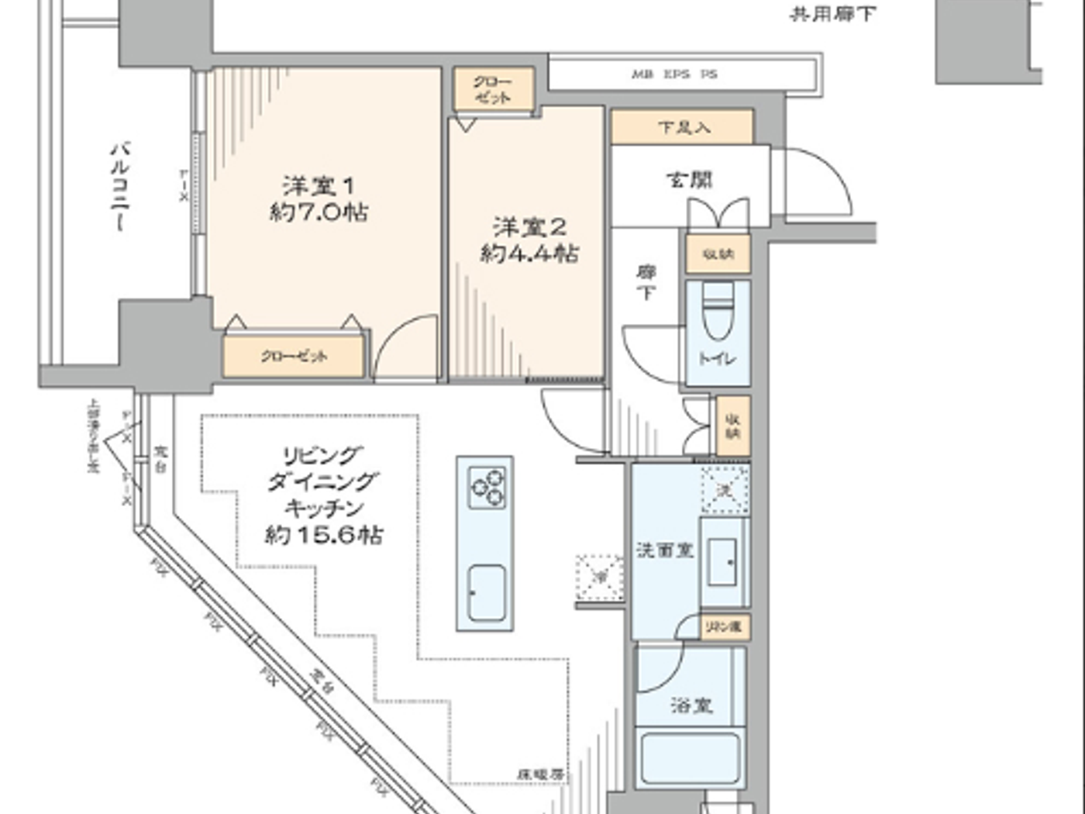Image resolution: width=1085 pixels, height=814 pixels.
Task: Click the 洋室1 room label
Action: tap(318, 187)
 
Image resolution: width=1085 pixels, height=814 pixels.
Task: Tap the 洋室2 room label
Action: tap(529, 228)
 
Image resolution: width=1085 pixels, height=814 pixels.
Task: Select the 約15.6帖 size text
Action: tap(323, 535)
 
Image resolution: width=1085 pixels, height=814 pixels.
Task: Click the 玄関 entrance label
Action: tap(689, 180)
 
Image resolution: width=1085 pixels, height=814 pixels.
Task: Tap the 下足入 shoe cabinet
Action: tap(683, 127)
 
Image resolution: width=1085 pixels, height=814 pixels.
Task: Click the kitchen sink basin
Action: tap(486, 594)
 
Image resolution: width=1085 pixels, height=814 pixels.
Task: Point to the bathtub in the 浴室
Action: tap(691, 757)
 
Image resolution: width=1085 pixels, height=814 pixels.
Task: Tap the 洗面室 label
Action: tap(664, 550)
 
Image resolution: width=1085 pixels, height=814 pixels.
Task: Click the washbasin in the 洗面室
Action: tap(725, 561)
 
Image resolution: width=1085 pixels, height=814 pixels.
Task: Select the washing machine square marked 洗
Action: tap(725, 490)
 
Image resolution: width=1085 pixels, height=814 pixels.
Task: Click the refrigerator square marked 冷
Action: tap(599, 578)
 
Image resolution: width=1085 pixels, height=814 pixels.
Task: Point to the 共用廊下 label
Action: tap(832, 14)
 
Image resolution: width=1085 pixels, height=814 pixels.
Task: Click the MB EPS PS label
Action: tap(674, 74)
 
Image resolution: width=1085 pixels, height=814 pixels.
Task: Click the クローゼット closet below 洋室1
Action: tap(294, 357)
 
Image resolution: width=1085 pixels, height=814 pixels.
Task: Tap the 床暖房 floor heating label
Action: tap(540, 774)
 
